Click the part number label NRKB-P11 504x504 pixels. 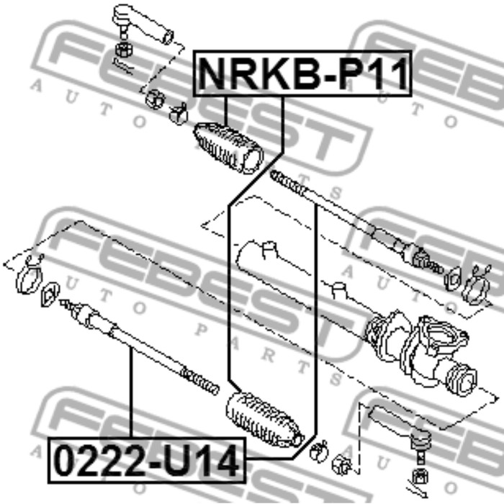tap(302, 73)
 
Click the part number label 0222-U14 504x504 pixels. tap(147, 460)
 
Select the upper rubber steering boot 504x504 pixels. tap(228, 148)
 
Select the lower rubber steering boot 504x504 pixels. tap(264, 420)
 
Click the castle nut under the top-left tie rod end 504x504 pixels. tap(123, 49)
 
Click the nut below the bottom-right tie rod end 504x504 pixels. tap(420, 477)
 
